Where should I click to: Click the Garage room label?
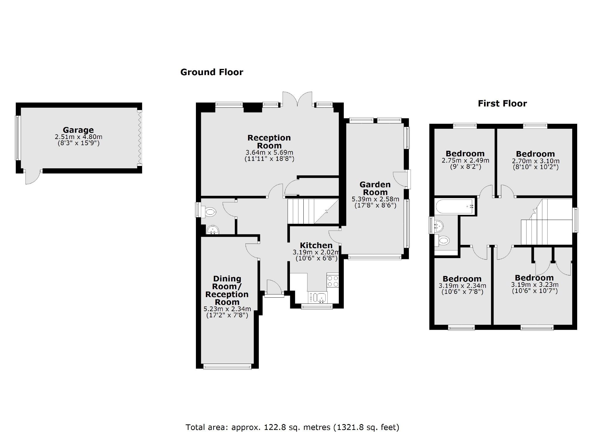[x=78, y=130]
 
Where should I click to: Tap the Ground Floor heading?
[x=211, y=72]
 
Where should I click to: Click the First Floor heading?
[x=502, y=103]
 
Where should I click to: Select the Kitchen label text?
[x=316, y=245]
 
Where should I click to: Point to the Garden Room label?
[x=375, y=188]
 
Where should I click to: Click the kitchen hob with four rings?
[x=333, y=281]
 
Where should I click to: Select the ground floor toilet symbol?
[x=210, y=211]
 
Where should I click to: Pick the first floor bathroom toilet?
[x=443, y=241]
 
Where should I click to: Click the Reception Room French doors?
[x=297, y=99]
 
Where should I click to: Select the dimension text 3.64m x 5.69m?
[x=269, y=153]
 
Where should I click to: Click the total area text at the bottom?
[x=292, y=427]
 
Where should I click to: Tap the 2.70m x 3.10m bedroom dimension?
[x=535, y=161]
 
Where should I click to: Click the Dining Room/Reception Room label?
[x=227, y=290]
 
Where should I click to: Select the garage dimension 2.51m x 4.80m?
[x=78, y=137]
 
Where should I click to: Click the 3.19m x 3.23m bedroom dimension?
[x=534, y=284]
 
